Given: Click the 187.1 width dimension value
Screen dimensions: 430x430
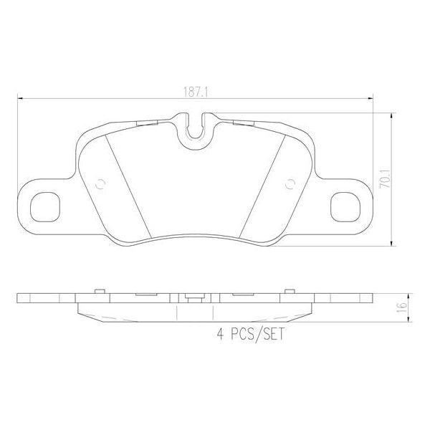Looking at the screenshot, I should tap(193, 92).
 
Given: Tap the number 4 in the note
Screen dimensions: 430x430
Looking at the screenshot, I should tap(219, 334).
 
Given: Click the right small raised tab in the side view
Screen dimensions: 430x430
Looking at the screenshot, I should tap(290, 290).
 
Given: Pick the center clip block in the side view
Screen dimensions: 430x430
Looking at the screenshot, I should tap(193, 299).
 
